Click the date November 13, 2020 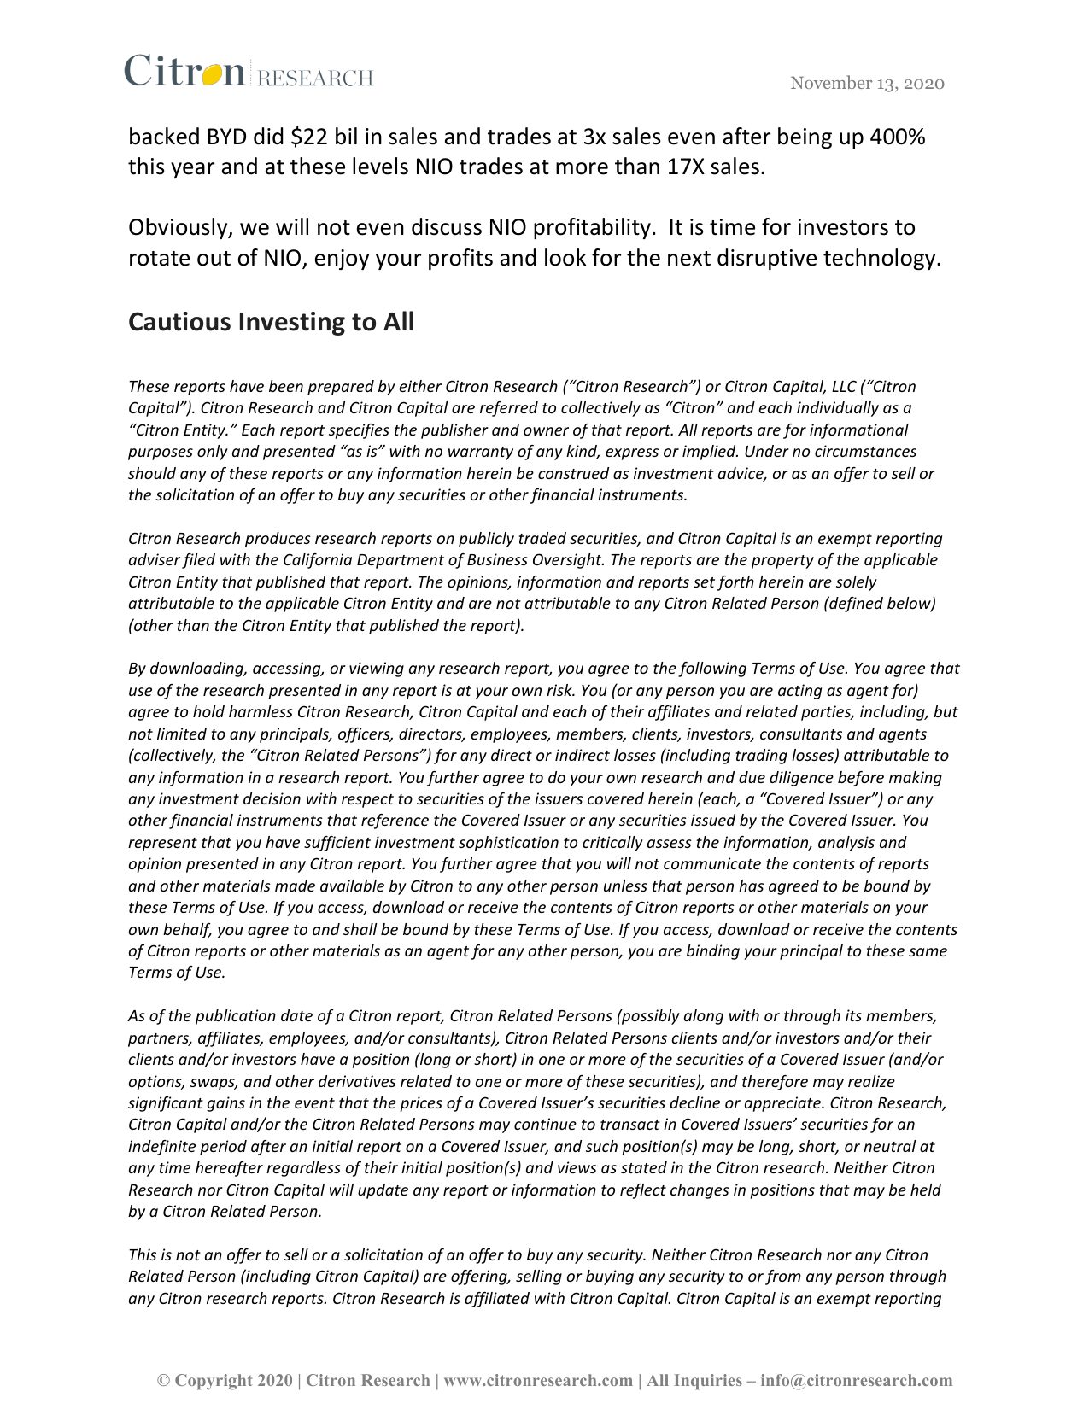pos(867,83)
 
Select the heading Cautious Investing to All pos(271,322)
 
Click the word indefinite pos(163,1146)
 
